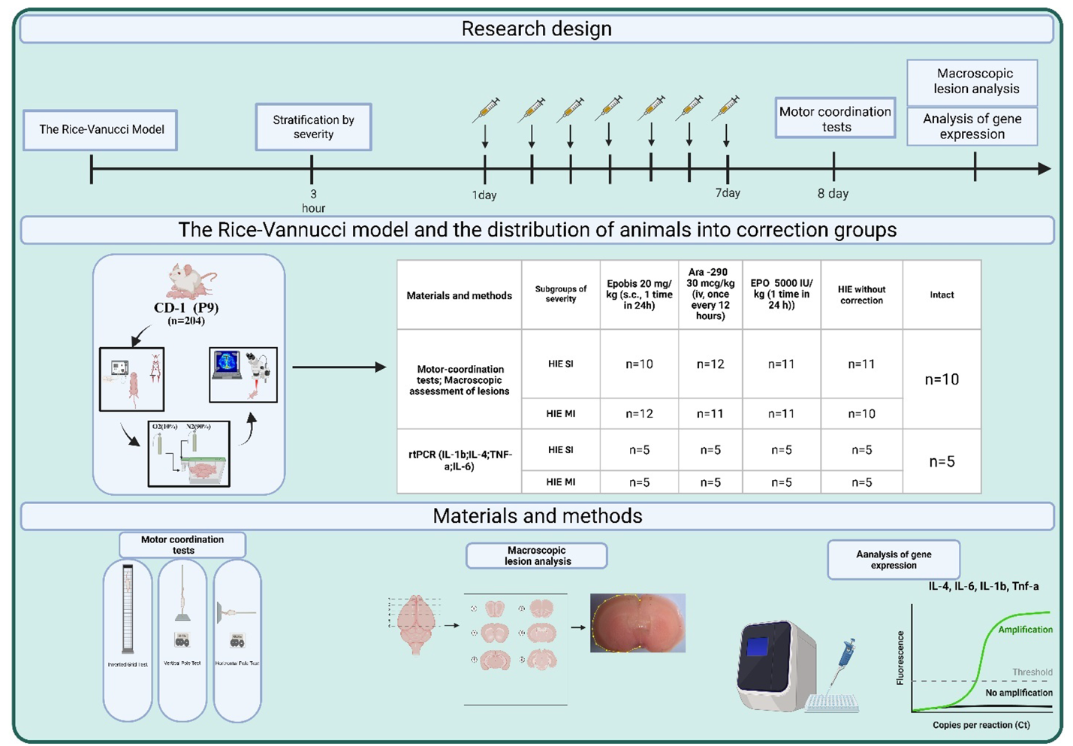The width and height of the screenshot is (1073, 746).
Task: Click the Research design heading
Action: click(x=536, y=29)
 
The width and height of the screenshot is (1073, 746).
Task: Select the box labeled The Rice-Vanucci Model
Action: click(x=101, y=130)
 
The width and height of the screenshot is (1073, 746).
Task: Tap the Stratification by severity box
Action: click(x=313, y=127)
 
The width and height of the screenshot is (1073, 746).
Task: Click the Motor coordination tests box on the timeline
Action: click(x=835, y=119)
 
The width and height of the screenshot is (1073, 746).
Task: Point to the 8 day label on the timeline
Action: click(x=833, y=194)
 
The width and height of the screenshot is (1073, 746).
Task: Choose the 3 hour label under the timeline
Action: click(x=313, y=201)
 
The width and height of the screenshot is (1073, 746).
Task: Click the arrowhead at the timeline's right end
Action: click(x=1044, y=169)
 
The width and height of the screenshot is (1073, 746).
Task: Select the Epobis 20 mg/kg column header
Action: click(x=639, y=294)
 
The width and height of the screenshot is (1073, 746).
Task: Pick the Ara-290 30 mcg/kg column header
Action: click(x=710, y=294)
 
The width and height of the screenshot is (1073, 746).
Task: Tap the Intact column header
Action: click(x=942, y=294)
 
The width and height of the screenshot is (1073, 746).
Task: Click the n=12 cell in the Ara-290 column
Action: click(x=710, y=364)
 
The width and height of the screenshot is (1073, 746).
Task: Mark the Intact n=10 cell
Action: click(x=942, y=379)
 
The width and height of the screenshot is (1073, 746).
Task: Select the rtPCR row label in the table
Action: click(x=459, y=461)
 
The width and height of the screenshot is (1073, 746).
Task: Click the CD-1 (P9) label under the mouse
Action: click(x=186, y=308)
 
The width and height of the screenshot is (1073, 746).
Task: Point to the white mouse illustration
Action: click(x=190, y=282)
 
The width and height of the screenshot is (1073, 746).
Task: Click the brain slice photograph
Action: click(x=637, y=623)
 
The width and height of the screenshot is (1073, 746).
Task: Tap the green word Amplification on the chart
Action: click(x=1025, y=630)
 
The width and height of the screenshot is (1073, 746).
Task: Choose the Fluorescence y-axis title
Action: click(x=900, y=658)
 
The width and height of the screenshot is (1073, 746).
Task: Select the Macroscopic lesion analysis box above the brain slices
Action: click(x=537, y=556)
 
